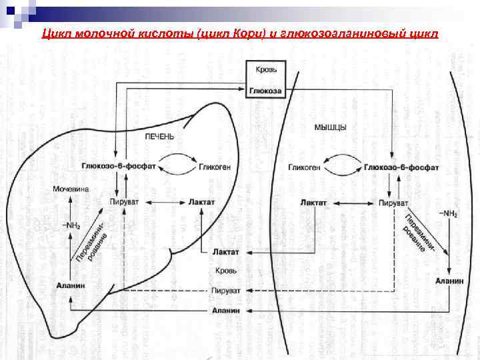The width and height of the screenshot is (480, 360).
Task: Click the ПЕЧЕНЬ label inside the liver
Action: coord(160,136)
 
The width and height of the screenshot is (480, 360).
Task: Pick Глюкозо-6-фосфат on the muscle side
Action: coord(401,168)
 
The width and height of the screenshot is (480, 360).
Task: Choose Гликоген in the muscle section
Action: coord(305,168)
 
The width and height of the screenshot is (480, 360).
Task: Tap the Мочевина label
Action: coord(71,189)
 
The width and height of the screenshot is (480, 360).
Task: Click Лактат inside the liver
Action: coord(202,202)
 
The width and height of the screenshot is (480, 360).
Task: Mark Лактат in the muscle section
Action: coord(313,202)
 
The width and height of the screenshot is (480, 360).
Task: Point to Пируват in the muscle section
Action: coord(393,202)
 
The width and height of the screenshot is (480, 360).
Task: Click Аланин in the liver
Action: coord(71,285)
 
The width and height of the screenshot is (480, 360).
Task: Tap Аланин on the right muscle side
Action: coord(449,281)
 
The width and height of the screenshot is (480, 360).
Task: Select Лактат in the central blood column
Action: coord(225,252)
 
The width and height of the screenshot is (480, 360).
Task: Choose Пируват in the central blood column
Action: coord(225,291)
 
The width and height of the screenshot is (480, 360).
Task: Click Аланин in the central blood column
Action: coord(225,311)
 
